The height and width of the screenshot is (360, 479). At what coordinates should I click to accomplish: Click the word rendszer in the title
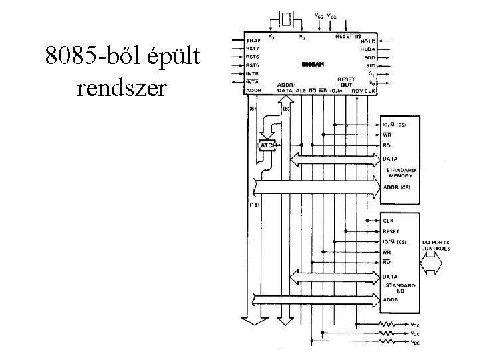tap(116, 87)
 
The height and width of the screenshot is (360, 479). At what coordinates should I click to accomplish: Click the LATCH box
tap(267, 145)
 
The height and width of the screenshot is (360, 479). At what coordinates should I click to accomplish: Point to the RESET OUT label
tap(345, 82)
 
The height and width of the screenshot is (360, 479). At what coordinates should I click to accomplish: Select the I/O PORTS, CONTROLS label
tap(436, 245)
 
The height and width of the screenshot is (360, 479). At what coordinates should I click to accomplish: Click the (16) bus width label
tap(254, 205)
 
